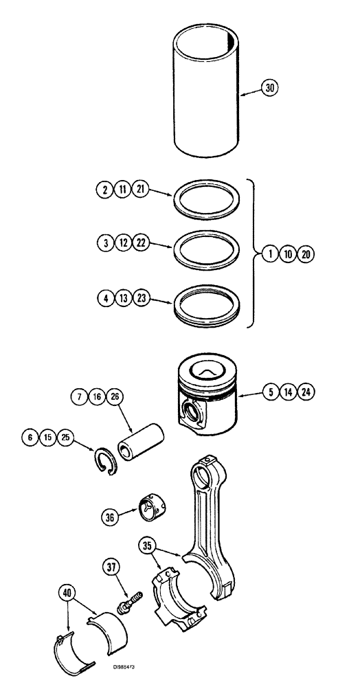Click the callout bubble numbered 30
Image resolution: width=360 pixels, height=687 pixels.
(x=271, y=88)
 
